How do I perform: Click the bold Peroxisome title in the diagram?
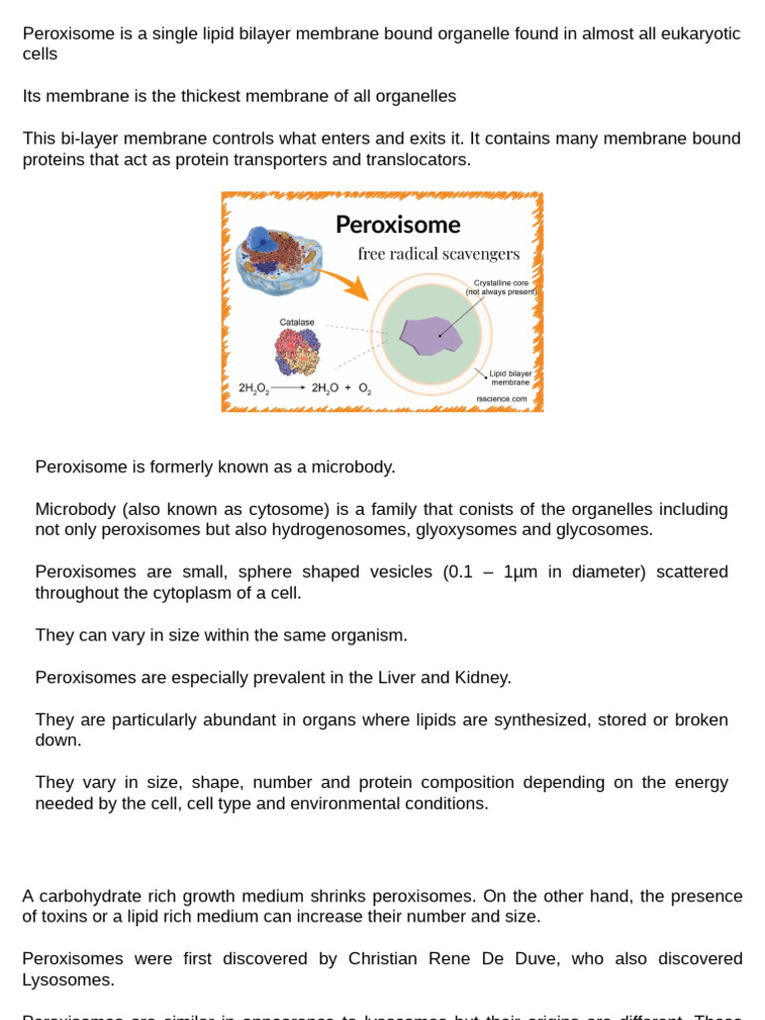(397, 224)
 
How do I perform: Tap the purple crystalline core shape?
(431, 336)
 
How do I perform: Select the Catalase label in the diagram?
(297, 323)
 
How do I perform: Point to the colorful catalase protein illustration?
(297, 352)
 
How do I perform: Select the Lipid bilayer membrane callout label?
(510, 378)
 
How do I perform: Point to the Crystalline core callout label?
(502, 288)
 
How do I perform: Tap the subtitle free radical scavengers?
(438, 254)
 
